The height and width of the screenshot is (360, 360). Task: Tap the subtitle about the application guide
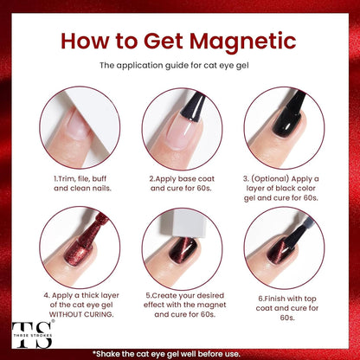179,65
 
